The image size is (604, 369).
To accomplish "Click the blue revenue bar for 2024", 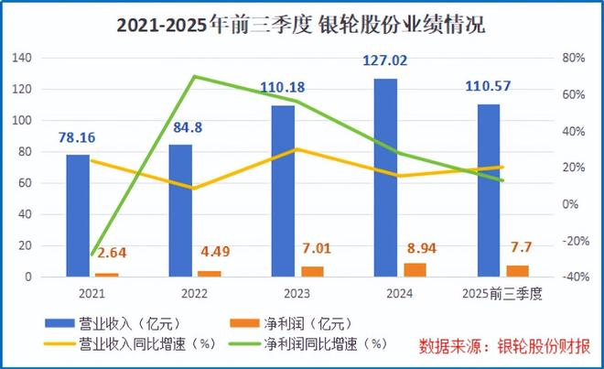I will pos(385,179).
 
